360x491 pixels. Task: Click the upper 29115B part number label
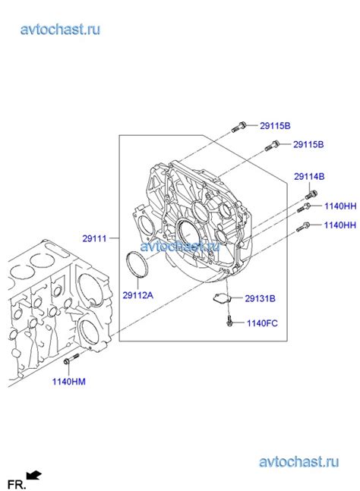point(275,125)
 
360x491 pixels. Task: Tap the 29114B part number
point(309,176)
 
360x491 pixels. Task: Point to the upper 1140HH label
point(339,205)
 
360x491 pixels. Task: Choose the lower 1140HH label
point(339,225)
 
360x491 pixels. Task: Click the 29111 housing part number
point(96,238)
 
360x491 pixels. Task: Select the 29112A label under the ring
point(138,296)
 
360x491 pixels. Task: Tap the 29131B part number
point(260,299)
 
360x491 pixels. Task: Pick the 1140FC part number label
point(262,323)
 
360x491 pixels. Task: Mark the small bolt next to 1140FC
point(229,324)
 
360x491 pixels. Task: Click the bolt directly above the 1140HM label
point(71,359)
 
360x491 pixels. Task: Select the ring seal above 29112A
point(138,268)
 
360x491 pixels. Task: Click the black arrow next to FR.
point(35,476)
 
